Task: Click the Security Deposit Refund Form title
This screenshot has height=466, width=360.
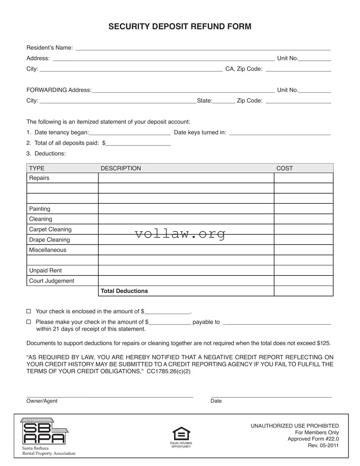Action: pyautogui.click(x=180, y=26)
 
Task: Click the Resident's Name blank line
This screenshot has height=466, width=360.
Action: pyautogui.click(x=202, y=48)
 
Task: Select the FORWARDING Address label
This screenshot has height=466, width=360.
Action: pyautogui.click(x=59, y=90)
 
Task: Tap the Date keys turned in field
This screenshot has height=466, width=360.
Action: pyautogui.click(x=279, y=133)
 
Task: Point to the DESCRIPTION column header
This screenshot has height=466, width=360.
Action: pyautogui.click(x=121, y=168)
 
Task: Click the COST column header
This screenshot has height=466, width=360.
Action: pyautogui.click(x=284, y=168)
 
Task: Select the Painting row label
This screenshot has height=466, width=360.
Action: pyautogui.click(x=40, y=209)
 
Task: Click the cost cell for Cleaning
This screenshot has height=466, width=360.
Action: pyautogui.click(x=303, y=219)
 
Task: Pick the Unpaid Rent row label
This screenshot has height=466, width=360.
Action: pyautogui.click(x=45, y=271)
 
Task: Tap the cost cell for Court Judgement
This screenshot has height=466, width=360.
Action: pyautogui.click(x=303, y=281)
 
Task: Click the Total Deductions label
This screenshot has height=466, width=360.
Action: pyautogui.click(x=124, y=291)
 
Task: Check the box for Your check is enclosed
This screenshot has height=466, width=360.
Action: pyautogui.click(x=29, y=311)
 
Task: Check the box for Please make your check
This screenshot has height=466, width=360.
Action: pyautogui.click(x=29, y=322)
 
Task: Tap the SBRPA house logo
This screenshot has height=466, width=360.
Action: pyautogui.click(x=44, y=431)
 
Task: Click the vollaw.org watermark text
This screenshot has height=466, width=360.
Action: pyautogui.click(x=180, y=234)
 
